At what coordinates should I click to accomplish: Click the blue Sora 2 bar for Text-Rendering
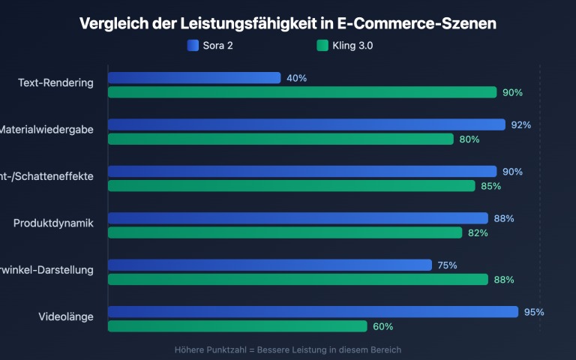pos(194,78)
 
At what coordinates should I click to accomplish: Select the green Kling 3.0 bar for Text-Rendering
pos(302,92)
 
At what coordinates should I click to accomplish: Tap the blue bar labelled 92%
pos(307,124)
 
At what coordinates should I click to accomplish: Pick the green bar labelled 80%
pos(280,139)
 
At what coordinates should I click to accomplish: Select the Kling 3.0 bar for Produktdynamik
pos(285,232)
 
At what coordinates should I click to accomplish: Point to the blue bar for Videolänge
pos(313,312)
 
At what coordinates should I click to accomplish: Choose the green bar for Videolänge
pos(238,326)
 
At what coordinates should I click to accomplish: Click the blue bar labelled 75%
pos(270,265)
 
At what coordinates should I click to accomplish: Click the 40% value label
pos(296,78)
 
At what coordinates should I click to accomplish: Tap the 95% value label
pos(534,312)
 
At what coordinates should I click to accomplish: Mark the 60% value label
pos(382,326)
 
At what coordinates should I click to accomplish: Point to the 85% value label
pos(490,186)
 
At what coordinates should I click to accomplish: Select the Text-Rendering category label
pos(55,82)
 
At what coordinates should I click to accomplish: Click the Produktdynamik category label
pos(53,223)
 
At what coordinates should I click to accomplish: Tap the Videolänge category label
pos(65,316)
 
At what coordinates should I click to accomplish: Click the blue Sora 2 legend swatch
pos(193,46)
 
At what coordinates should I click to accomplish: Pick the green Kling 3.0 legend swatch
pos(322,46)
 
